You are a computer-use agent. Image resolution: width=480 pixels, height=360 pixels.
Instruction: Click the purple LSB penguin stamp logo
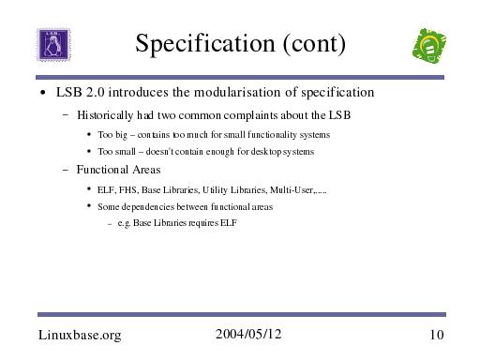tap(53, 44)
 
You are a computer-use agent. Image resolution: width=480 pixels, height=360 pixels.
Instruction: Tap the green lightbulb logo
tap(429, 46)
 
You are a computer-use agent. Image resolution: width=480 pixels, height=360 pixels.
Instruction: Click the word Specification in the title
tap(205, 44)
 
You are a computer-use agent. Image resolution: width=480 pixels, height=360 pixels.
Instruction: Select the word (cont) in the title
tap(314, 44)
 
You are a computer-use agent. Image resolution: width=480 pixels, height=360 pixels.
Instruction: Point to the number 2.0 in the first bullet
tap(95, 92)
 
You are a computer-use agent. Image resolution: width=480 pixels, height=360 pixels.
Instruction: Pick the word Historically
tap(105, 115)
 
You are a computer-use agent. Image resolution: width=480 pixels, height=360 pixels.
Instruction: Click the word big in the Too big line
tap(121, 135)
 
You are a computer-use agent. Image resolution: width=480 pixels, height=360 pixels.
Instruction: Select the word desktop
tap(266, 152)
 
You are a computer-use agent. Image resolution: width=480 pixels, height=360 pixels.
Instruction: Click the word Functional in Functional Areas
tap(102, 170)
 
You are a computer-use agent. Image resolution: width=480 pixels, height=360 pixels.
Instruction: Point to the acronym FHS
tap(128, 190)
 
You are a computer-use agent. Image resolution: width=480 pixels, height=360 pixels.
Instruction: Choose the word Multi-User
tap(292, 190)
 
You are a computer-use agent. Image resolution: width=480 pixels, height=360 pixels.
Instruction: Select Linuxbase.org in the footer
tap(80, 335)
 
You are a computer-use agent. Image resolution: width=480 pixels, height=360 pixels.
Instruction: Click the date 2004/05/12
tap(248, 334)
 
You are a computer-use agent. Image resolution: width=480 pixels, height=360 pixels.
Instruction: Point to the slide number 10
tap(437, 335)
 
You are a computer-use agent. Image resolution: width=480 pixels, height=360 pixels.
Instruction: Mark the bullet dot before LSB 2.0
tap(43, 93)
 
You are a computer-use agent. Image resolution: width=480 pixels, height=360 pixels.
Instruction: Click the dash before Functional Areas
tap(66, 171)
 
